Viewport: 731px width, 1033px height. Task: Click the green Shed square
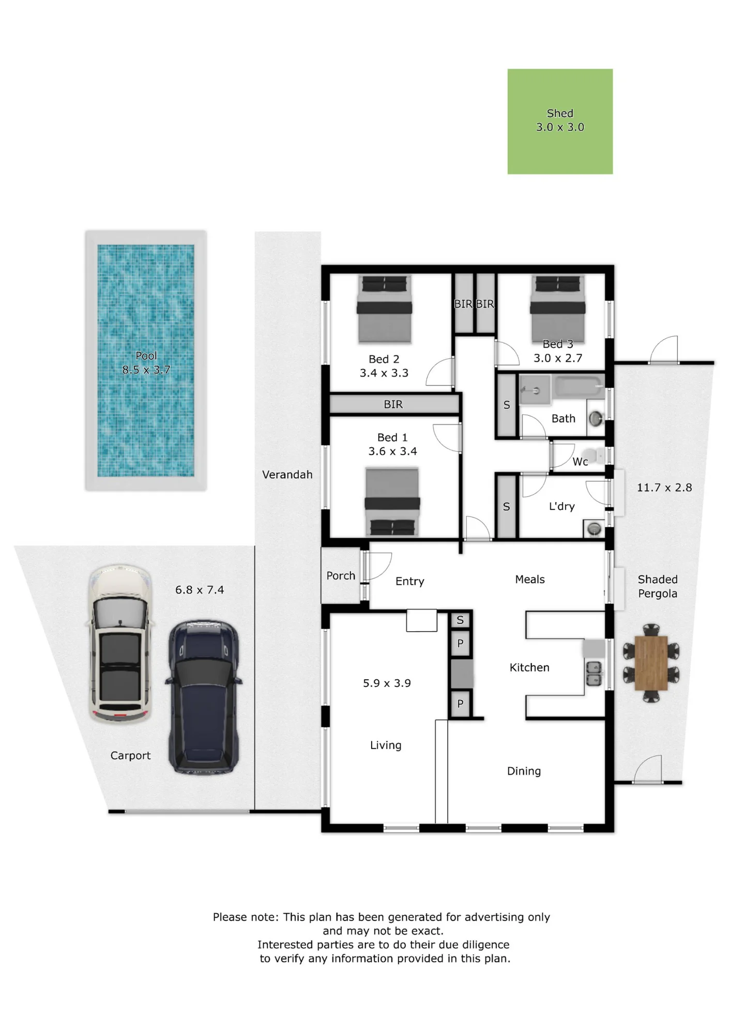click(x=560, y=121)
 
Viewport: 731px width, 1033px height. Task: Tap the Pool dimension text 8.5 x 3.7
click(x=146, y=370)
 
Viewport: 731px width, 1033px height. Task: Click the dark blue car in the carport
click(x=204, y=697)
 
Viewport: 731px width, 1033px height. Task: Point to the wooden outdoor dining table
click(x=651, y=663)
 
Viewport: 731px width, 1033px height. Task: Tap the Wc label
click(x=580, y=462)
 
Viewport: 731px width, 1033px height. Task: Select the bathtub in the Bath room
click(x=578, y=387)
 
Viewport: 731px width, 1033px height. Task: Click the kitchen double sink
click(x=594, y=674)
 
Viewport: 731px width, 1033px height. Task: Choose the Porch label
click(x=341, y=575)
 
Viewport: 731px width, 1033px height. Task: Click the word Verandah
click(x=287, y=474)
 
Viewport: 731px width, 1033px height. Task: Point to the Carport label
click(x=130, y=755)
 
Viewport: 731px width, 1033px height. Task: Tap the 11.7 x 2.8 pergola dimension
click(x=664, y=487)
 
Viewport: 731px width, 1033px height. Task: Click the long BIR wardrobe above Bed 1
click(x=394, y=404)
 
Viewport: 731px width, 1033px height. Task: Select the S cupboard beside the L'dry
click(x=507, y=507)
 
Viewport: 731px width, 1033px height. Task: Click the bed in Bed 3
click(x=558, y=309)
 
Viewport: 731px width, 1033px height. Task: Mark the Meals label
click(x=530, y=580)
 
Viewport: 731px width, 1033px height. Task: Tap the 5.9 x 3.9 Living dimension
click(x=387, y=683)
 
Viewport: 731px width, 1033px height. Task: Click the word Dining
click(x=524, y=771)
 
